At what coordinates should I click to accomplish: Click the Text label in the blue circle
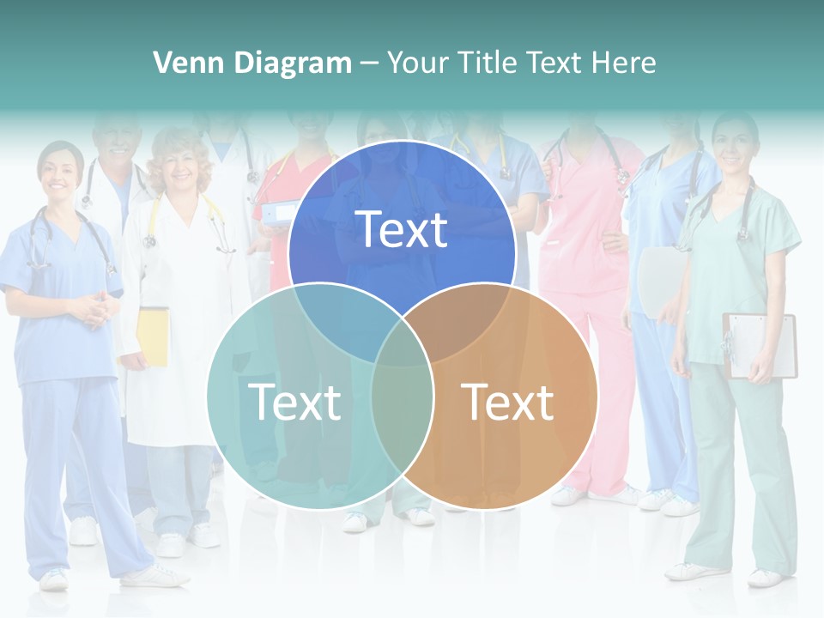402,229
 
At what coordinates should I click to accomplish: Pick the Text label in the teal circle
294,402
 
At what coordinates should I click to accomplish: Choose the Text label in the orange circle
507,402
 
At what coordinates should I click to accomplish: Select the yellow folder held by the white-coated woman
153,336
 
